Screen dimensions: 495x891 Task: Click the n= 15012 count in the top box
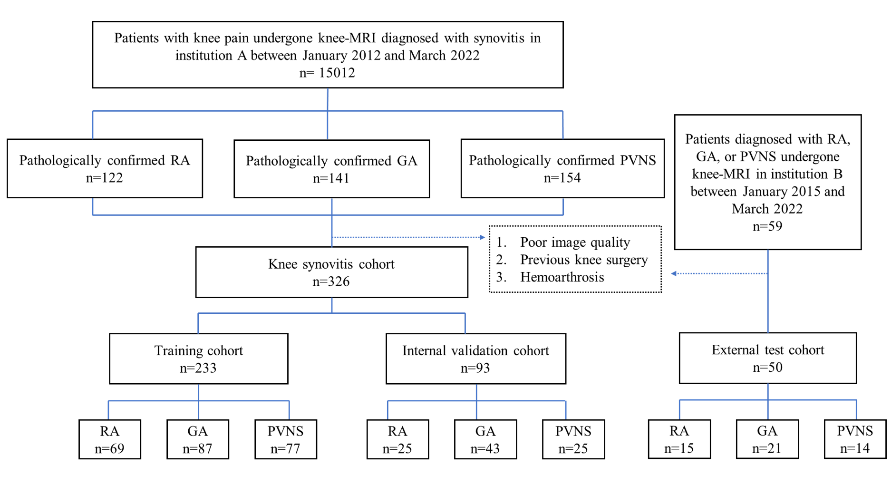click(x=327, y=73)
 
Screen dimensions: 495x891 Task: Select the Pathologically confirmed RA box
click(x=105, y=168)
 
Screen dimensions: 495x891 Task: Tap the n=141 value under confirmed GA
click(x=331, y=178)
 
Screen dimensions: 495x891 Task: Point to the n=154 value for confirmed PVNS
click(x=562, y=178)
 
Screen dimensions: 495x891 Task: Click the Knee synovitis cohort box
click(x=331, y=272)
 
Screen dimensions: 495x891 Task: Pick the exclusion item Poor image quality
click(x=575, y=243)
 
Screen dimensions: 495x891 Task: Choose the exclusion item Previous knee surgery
click(x=584, y=260)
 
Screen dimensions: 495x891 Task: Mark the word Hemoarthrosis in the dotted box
click(x=562, y=277)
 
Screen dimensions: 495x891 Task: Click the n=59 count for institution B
click(x=767, y=226)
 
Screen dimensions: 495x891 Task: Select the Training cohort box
click(x=198, y=359)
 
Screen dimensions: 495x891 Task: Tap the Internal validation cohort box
click(x=475, y=359)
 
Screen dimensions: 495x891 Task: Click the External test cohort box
click(x=767, y=358)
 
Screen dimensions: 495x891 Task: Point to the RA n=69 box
click(x=109, y=439)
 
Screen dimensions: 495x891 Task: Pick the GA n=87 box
click(x=197, y=439)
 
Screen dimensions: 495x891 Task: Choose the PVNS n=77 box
click(x=285, y=439)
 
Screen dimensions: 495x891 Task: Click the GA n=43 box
click(x=485, y=439)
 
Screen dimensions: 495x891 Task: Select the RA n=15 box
click(x=679, y=439)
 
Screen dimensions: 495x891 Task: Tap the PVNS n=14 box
click(x=855, y=439)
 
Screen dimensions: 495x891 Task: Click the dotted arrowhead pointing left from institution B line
click(x=674, y=273)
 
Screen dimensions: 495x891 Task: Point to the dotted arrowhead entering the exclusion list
click(x=482, y=237)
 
